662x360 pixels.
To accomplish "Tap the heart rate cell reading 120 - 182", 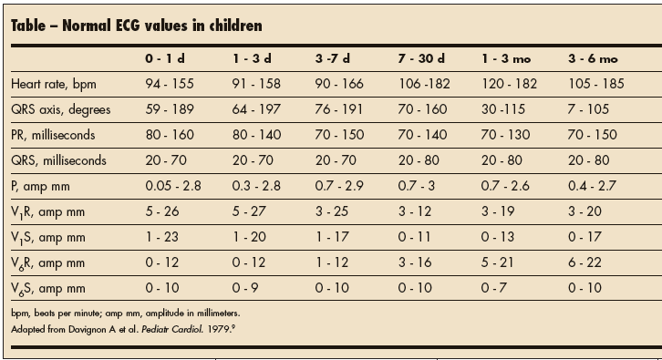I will point(508,83).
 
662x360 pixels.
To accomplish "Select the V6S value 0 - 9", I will point(245,289).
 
